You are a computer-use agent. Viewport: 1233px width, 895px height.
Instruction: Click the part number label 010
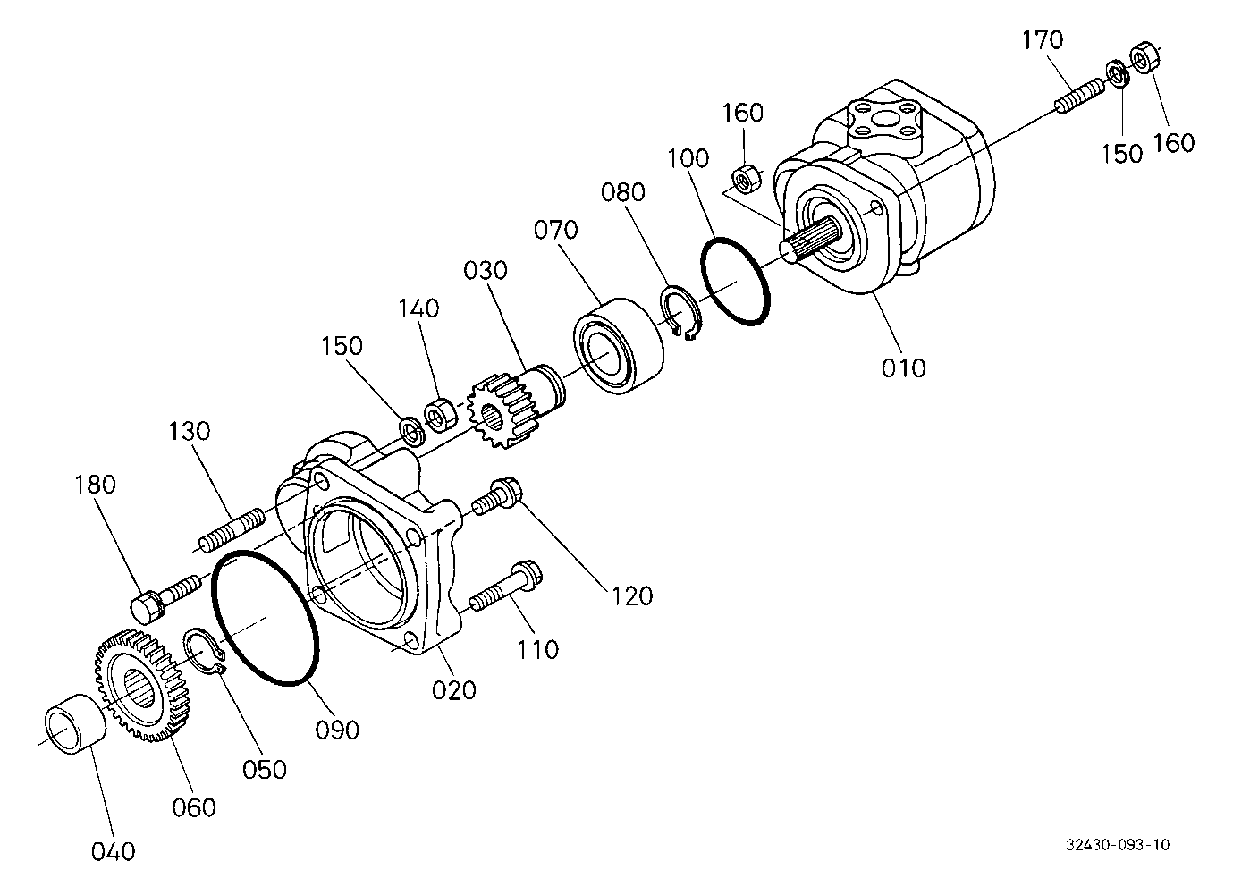903,367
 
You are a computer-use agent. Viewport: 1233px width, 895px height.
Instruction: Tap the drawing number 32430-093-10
1118,845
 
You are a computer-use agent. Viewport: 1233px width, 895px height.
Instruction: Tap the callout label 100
688,159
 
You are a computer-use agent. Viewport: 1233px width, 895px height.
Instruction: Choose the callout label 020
453,689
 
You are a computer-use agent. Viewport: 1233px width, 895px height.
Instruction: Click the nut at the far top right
1144,57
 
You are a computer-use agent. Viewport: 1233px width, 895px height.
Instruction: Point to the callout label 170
1043,40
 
